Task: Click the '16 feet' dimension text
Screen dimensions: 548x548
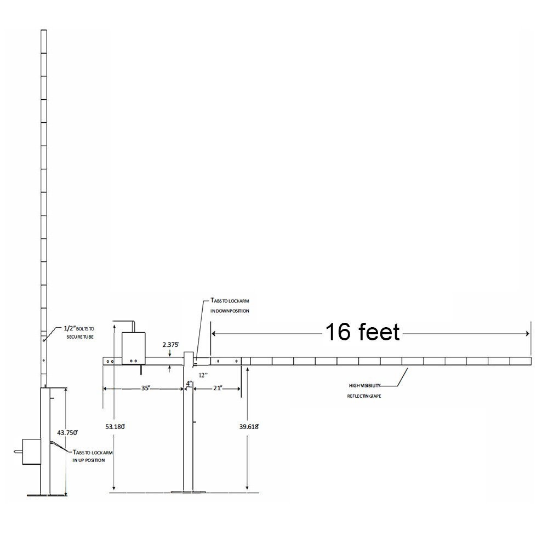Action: pos(362,332)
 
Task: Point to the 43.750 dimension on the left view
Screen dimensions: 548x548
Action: pos(57,432)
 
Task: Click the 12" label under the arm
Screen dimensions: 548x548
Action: pos(203,375)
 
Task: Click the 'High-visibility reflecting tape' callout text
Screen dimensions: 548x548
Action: pos(364,390)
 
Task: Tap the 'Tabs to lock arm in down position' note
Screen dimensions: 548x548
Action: pos(230,306)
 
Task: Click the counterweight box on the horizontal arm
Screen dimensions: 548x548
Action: pos(133,348)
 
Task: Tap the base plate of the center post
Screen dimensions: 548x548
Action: pos(189,492)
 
